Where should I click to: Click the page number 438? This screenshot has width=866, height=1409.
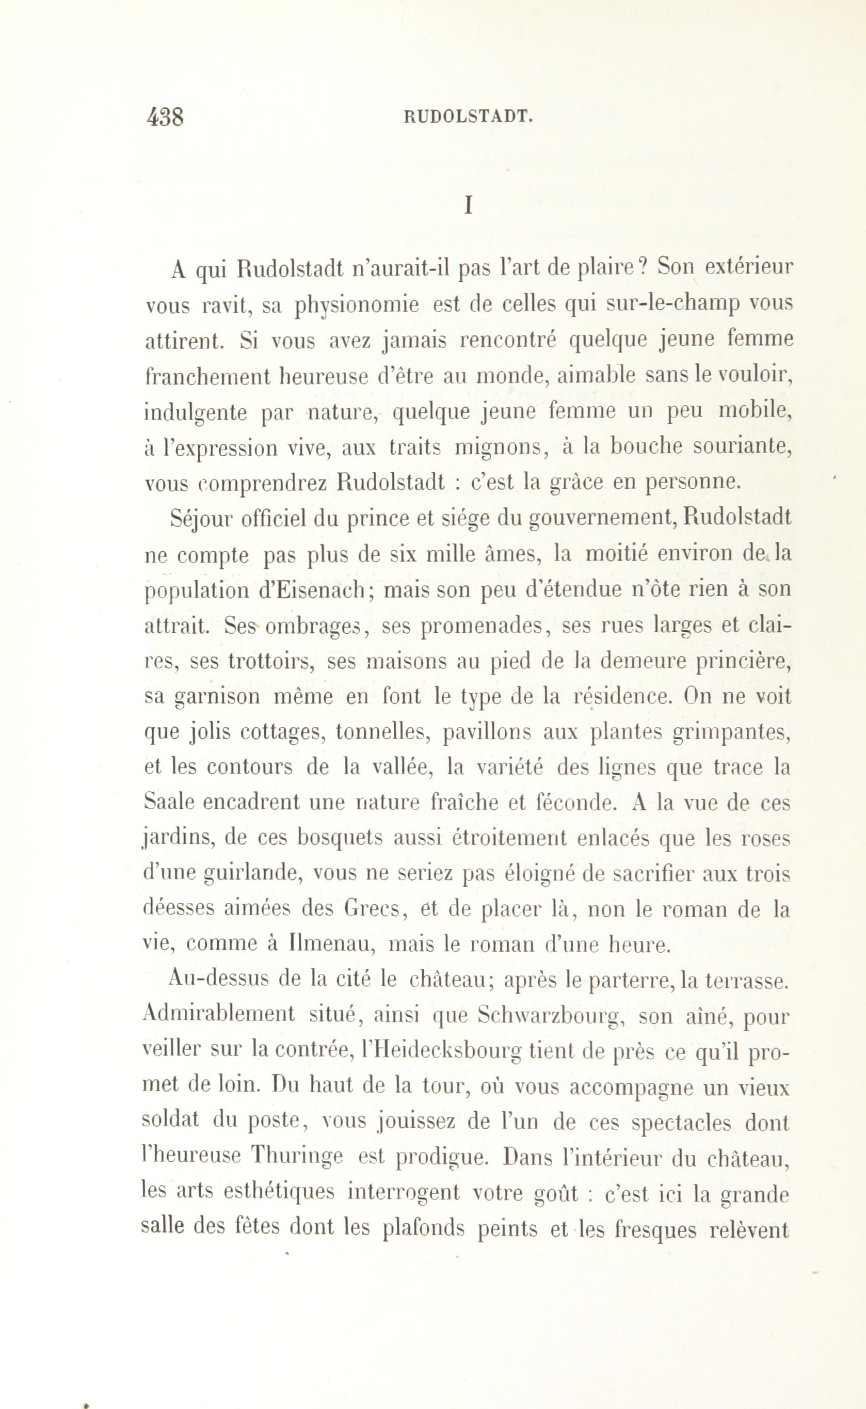point(165,118)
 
